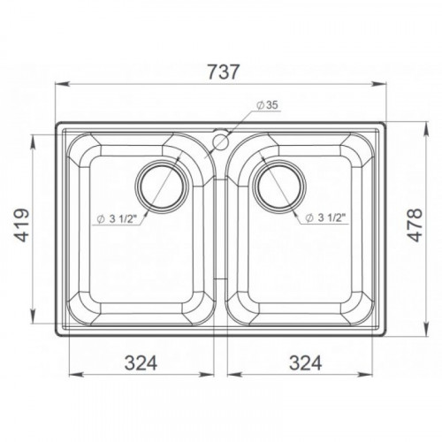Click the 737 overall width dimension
click(223, 72)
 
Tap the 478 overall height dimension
click(415, 225)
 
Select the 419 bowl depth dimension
click(22, 225)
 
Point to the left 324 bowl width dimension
click(141, 362)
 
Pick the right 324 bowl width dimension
click(305, 362)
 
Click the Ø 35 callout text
click(267, 105)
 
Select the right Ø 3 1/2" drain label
click(325, 218)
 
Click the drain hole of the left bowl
click(162, 187)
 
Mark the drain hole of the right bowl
click(280, 187)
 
